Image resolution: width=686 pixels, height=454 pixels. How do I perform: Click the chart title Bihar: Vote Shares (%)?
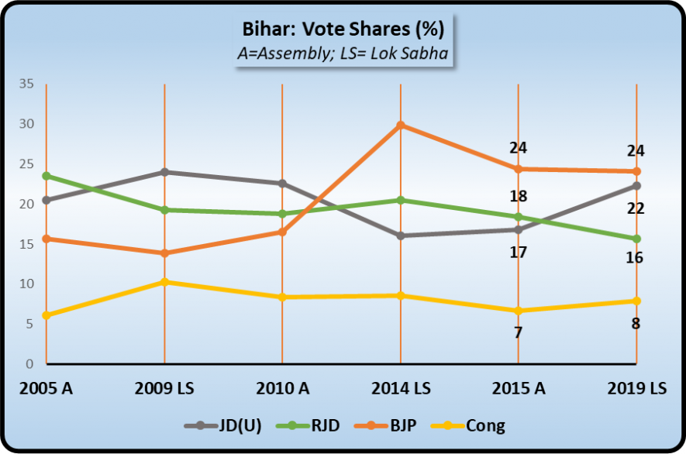343,31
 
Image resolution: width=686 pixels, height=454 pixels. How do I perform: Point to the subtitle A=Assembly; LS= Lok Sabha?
343,53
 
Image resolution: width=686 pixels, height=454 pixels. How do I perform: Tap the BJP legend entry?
395,425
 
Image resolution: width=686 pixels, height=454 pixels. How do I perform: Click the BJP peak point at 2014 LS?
401,125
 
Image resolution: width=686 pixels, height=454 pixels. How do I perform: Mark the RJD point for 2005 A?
47,176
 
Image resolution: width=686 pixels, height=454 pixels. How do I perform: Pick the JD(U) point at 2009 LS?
164,172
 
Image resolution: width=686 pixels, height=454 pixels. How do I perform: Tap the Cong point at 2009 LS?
164,282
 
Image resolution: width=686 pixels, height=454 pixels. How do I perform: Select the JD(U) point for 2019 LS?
636,186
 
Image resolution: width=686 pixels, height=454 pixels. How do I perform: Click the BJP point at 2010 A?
282,232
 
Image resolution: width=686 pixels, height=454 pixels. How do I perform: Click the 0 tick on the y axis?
30,363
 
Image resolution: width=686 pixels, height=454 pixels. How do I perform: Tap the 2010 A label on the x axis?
282,387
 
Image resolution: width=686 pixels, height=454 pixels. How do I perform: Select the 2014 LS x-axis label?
401,387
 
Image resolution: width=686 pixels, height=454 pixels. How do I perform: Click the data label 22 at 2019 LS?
636,208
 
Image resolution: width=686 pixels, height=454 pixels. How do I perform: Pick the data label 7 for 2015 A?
518,333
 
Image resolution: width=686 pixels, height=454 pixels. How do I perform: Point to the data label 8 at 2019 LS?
636,324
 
